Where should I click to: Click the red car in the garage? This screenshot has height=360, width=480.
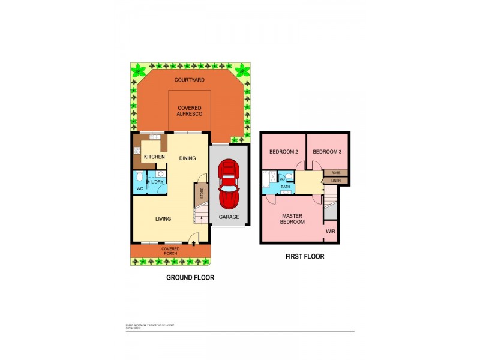coord(229,184)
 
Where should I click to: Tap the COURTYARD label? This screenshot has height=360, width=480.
coord(190,80)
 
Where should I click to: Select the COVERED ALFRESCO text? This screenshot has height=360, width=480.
coord(190,110)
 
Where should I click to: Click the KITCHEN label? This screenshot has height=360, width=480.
coord(154,157)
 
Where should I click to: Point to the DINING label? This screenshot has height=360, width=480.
coord(188,158)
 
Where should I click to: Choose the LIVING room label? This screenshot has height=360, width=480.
coord(164,219)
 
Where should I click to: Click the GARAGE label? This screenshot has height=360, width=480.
coord(229,217)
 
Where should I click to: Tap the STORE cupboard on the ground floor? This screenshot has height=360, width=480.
coord(202,194)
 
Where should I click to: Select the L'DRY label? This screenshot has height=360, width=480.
coord(157,182)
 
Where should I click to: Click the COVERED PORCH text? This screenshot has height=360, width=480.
coord(170,251)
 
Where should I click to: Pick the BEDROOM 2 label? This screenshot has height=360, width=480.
coord(284,152)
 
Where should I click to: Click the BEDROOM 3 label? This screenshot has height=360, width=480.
coord(327,152)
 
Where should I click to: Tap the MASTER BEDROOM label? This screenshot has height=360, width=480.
coord(292,219)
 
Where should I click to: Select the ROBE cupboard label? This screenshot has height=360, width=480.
coord(335,173)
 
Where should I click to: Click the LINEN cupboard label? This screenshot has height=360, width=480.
coord(335,180)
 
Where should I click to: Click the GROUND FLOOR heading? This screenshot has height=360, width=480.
coord(190,278)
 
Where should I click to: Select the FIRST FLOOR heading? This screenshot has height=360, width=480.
coord(304,257)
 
